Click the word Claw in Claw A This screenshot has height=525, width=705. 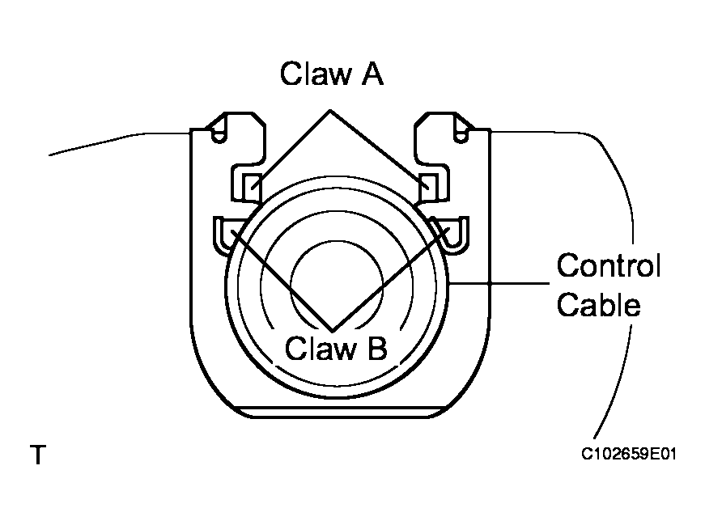tap(312, 74)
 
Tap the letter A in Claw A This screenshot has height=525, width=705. tap(370, 74)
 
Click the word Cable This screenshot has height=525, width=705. tap(599, 306)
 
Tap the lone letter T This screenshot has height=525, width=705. tap(37, 455)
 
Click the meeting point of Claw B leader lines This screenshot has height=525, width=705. tap(332, 328)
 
